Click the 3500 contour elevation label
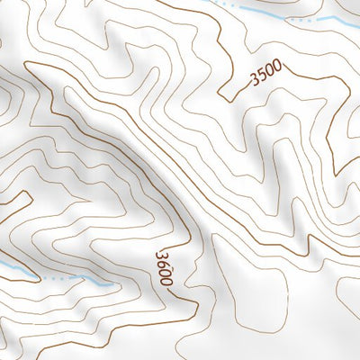coord(266,74)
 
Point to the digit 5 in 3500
coord(263,76)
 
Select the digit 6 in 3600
coord(162,265)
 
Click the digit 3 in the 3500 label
coord(256,80)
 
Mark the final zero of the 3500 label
coord(277,67)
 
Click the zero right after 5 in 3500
coord(270,71)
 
